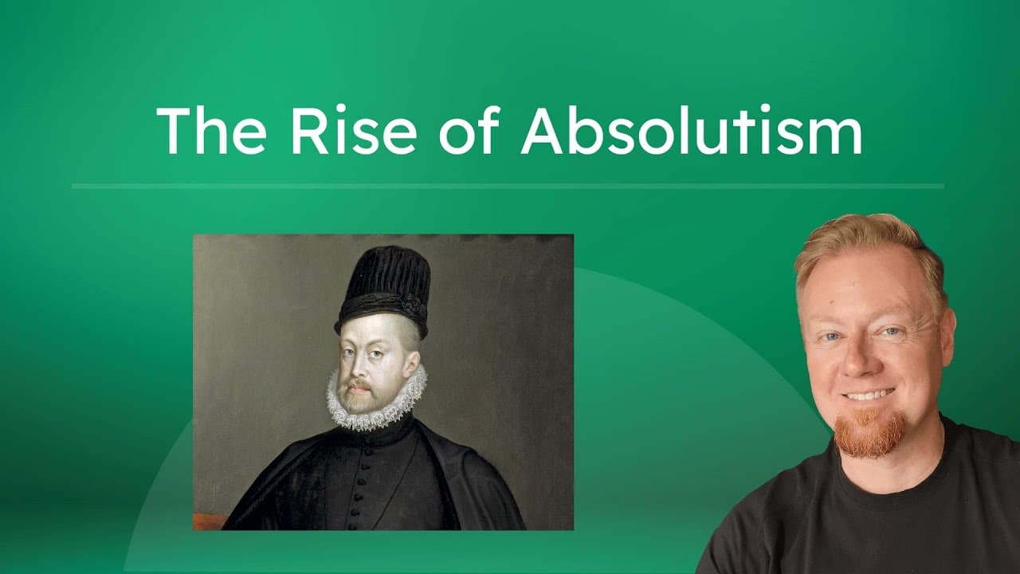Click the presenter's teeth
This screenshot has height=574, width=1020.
[868, 395]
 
